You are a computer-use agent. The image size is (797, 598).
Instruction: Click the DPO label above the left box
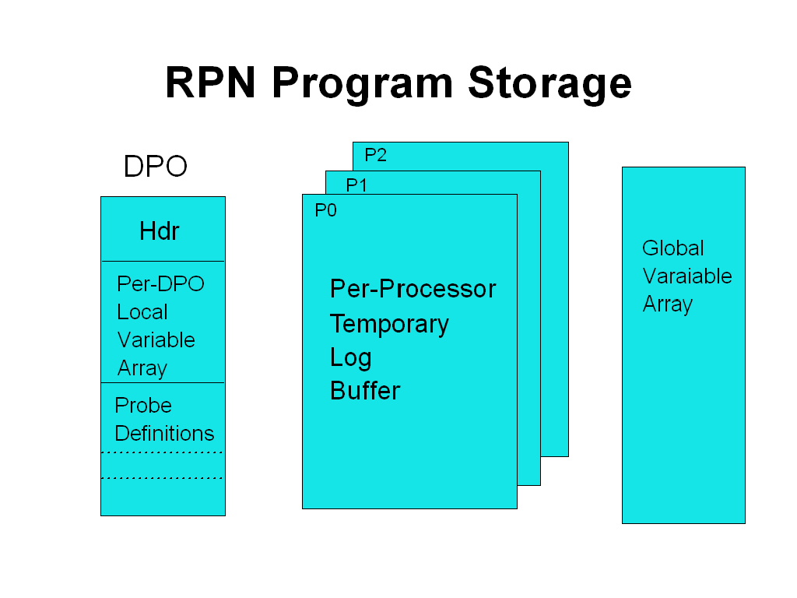(x=156, y=167)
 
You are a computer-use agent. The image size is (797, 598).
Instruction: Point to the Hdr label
(x=160, y=231)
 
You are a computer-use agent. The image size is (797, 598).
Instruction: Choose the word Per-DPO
(x=160, y=283)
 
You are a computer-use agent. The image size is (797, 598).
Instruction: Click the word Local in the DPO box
(x=142, y=312)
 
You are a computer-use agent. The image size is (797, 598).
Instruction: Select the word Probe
(x=143, y=406)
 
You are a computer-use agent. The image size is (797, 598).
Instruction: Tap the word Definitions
(x=164, y=434)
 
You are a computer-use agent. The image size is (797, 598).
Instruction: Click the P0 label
(x=325, y=210)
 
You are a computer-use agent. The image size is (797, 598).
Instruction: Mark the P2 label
(x=375, y=155)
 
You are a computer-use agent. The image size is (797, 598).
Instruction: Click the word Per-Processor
(x=413, y=289)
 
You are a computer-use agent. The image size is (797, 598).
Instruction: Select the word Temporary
(x=389, y=324)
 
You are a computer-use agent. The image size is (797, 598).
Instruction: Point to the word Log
(x=350, y=358)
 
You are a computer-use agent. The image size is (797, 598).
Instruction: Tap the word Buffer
(x=365, y=390)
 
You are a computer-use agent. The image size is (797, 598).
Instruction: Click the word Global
(x=672, y=248)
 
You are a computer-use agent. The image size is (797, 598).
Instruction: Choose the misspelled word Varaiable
(x=687, y=276)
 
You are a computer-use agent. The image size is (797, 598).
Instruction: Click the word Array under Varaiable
(x=667, y=304)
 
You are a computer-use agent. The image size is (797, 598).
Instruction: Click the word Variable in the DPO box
(x=156, y=340)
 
